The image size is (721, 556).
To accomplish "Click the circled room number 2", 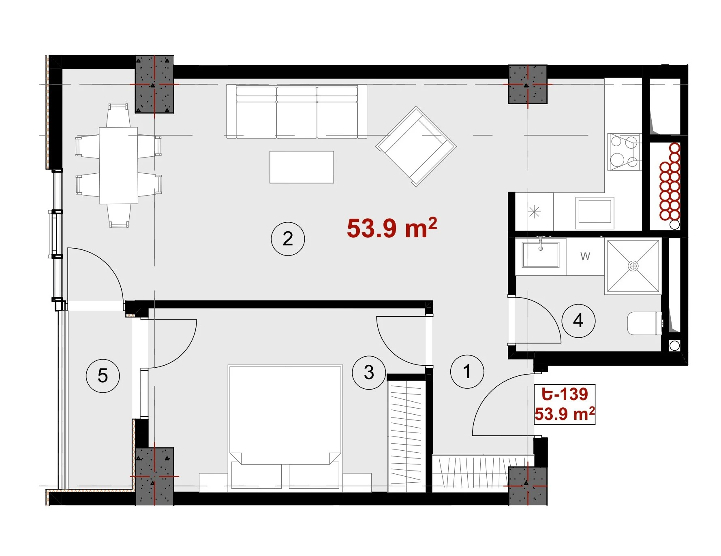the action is click(288, 239).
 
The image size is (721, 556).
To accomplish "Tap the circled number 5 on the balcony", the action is click(103, 376).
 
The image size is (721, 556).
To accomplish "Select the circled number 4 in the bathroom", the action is click(578, 321).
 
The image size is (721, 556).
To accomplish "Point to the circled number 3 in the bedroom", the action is click(369, 372).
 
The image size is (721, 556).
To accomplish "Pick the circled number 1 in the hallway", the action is click(467, 371).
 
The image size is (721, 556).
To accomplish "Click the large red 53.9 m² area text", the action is click(392, 228).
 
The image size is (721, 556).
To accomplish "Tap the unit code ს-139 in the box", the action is click(565, 394).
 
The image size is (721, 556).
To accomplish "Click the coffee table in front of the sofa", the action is click(302, 167).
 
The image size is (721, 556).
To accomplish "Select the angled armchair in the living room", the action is click(416, 146).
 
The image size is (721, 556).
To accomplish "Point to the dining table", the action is click(118, 165).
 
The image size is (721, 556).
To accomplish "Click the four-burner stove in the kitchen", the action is click(624, 152).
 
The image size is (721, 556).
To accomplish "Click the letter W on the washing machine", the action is click(585, 256).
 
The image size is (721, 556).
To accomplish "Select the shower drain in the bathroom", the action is click(633, 266).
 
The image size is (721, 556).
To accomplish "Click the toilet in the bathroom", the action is click(645, 323).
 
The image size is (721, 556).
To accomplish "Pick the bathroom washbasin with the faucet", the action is click(540, 254).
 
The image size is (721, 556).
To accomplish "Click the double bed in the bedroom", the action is click(285, 428).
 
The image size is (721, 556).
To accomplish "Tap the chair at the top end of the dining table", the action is click(118, 115).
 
